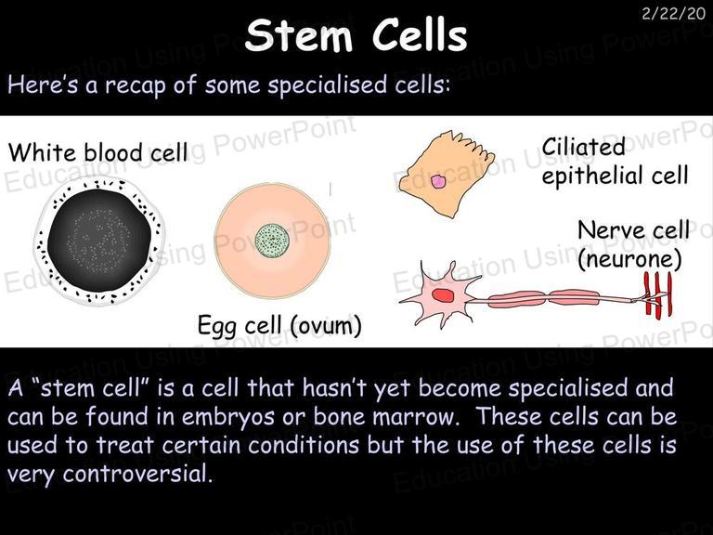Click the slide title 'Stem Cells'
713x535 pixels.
pyautogui.click(x=356, y=35)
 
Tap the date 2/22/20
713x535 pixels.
pyautogui.click(x=673, y=13)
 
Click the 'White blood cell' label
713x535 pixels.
pyautogui.click(x=97, y=152)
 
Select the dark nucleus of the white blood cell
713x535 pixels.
pyautogui.click(x=99, y=240)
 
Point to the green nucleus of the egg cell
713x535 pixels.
pyautogui.click(x=272, y=241)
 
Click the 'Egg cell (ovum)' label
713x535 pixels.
pyautogui.click(x=279, y=325)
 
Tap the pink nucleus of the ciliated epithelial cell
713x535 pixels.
pyautogui.click(x=438, y=181)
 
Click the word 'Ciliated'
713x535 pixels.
pyautogui.click(x=583, y=147)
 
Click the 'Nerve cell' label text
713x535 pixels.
pyautogui.click(x=633, y=229)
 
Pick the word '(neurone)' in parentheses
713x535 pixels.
pyautogui.click(x=629, y=259)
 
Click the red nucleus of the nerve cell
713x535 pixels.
pyautogui.click(x=443, y=295)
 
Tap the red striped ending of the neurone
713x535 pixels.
pyautogui.click(x=658, y=294)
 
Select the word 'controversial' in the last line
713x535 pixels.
pyautogui.click(x=137, y=474)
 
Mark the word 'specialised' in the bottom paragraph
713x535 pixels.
pyautogui.click(x=562, y=388)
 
